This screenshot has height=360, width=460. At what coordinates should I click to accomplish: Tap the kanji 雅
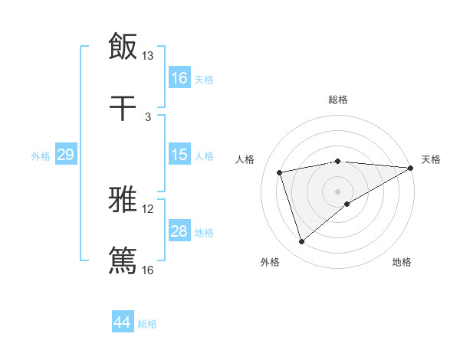click(x=123, y=200)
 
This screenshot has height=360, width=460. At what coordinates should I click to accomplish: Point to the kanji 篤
click(x=123, y=260)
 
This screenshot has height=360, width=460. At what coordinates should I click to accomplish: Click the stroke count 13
click(x=148, y=56)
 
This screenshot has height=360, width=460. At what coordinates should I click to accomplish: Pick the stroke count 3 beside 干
click(x=148, y=116)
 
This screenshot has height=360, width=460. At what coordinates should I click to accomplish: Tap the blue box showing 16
click(x=179, y=78)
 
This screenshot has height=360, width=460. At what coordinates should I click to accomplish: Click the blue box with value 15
click(x=179, y=155)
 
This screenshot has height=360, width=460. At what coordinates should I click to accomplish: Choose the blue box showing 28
click(x=179, y=231)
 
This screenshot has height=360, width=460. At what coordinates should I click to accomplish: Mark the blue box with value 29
click(x=65, y=155)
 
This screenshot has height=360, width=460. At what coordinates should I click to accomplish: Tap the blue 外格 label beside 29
click(x=41, y=155)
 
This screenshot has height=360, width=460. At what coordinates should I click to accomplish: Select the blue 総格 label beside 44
click(x=147, y=324)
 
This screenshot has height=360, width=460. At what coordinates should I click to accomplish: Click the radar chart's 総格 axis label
click(x=338, y=100)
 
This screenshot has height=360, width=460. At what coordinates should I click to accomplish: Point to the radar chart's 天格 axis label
click(x=431, y=159)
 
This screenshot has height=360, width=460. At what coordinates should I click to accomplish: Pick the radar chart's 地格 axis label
click(x=402, y=263)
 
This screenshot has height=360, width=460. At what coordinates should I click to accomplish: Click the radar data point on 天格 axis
click(x=411, y=168)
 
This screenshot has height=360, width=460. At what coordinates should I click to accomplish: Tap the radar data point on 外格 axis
click(x=301, y=242)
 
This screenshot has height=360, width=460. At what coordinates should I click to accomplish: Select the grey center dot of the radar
click(x=338, y=191)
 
